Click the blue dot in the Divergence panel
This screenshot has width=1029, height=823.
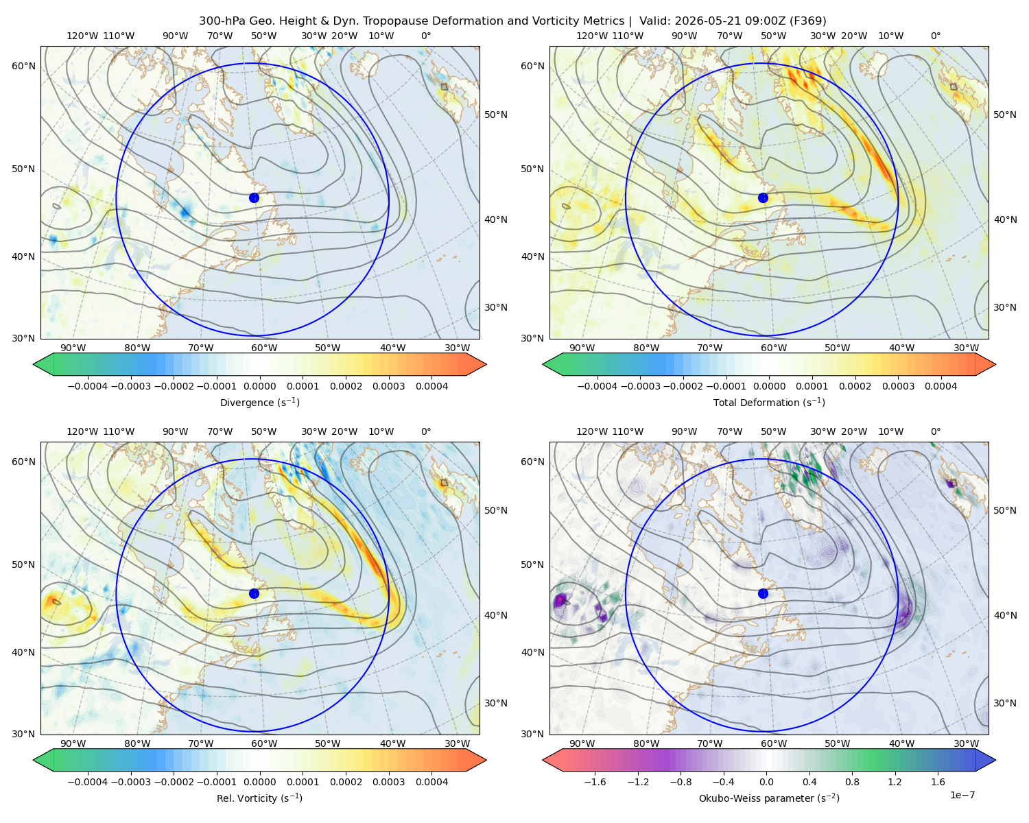pos(254,198)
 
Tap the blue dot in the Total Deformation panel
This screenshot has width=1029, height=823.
pos(763,198)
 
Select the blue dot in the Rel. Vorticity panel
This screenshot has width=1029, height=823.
pos(254,593)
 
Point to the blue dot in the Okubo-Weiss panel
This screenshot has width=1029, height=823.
pos(763,593)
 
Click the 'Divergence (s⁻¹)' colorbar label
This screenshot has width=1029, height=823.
pos(259,402)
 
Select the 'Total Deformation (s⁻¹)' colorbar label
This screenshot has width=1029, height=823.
pos(769,402)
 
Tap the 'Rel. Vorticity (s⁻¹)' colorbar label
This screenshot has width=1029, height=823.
pos(259,798)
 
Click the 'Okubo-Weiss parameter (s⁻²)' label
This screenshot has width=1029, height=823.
pos(769,798)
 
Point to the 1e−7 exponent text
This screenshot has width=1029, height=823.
pos(962,796)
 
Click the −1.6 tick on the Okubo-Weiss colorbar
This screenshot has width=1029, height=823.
pos(595,782)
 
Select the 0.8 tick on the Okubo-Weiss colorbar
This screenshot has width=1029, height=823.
pos(852,782)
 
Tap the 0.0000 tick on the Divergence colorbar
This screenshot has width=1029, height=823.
pos(259,386)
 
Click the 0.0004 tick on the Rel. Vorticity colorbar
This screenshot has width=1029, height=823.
pos(431,782)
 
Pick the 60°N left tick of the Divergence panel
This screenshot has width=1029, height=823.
pos(23,66)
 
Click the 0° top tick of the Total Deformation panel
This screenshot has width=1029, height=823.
pos(936,36)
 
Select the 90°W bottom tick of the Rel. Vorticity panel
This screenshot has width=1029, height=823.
pos(73,743)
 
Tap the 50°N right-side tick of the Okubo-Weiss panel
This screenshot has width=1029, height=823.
pos(1005,510)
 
